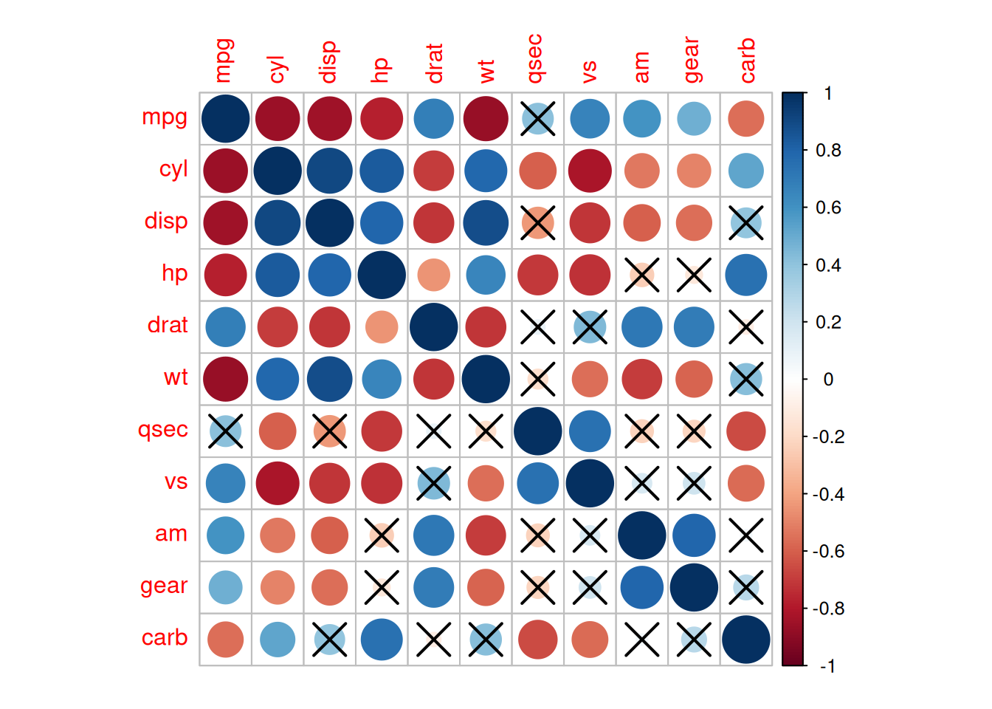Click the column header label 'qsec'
pyautogui.click(x=535, y=59)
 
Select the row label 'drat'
pyautogui.click(x=168, y=325)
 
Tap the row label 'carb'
pyautogui.click(x=165, y=638)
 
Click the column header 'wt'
pyautogui.click(x=486, y=71)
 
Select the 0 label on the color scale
pyautogui.click(x=828, y=380)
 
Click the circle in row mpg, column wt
pyautogui.click(x=486, y=118)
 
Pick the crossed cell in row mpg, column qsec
pyautogui.click(x=538, y=118)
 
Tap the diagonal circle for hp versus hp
pyautogui.click(x=382, y=275)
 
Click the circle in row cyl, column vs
pyautogui.click(x=590, y=171)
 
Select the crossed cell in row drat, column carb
pyautogui.click(x=746, y=327)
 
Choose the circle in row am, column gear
pyautogui.click(x=694, y=535)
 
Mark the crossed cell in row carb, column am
pyautogui.click(x=642, y=640)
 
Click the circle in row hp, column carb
pyautogui.click(x=746, y=275)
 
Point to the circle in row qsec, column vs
pyautogui.click(x=590, y=431)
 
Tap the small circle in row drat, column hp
pyautogui.click(x=382, y=327)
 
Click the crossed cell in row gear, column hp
pyautogui.click(x=382, y=588)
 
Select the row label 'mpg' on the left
pyautogui.click(x=165, y=117)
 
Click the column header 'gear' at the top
pyautogui.click(x=692, y=61)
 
